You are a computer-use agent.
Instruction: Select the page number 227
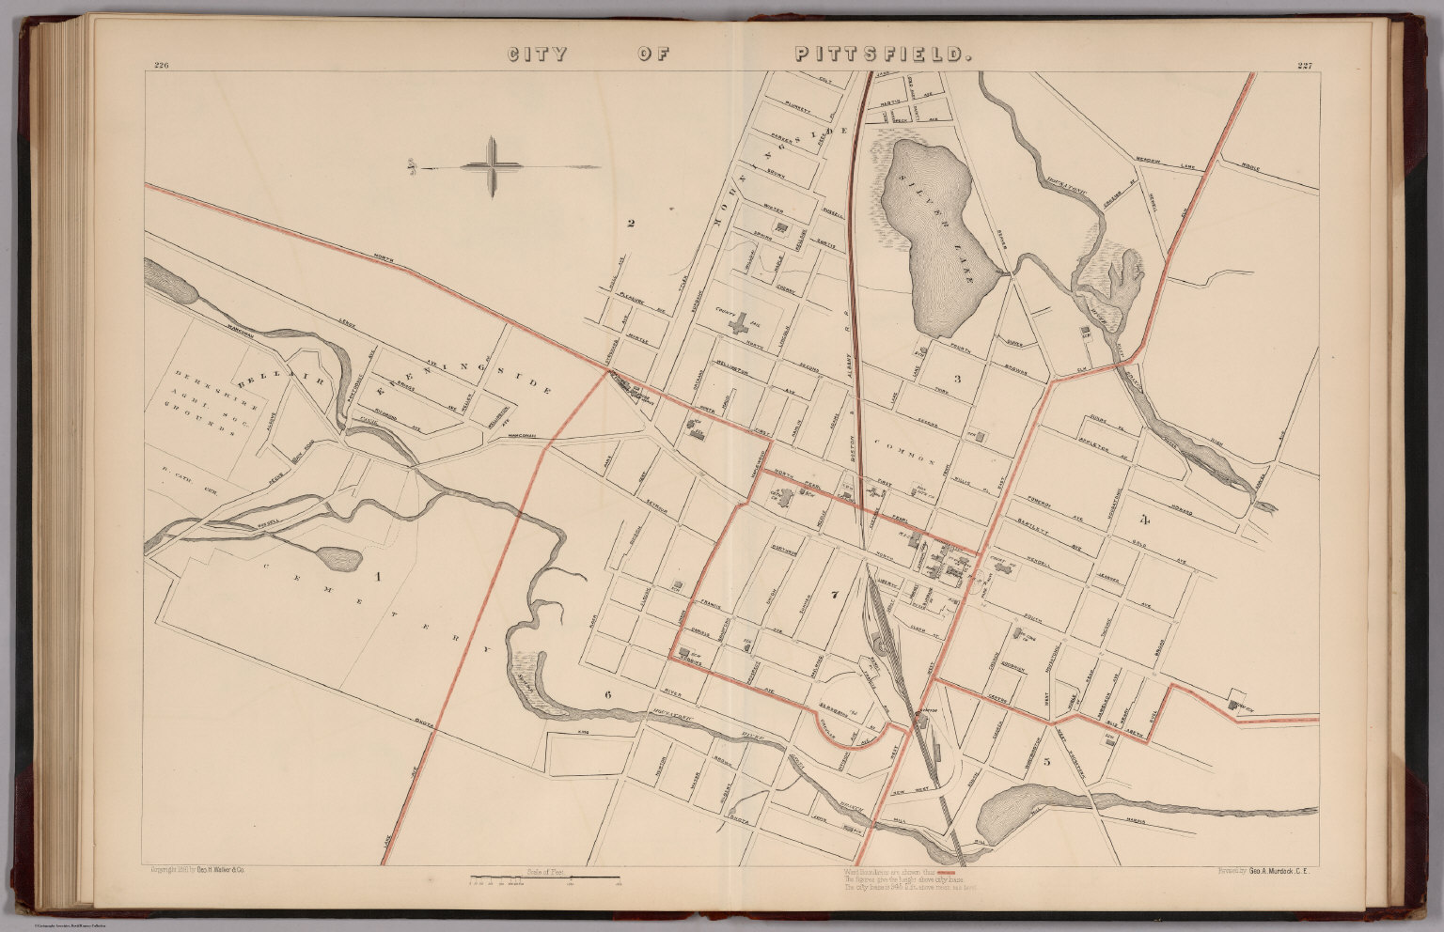pos(1303,65)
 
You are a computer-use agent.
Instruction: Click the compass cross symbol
pos(492,167)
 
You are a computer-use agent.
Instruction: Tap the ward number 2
pos(631,223)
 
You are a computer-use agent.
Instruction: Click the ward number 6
pos(608,695)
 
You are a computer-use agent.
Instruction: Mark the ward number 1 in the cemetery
pos(379,577)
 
